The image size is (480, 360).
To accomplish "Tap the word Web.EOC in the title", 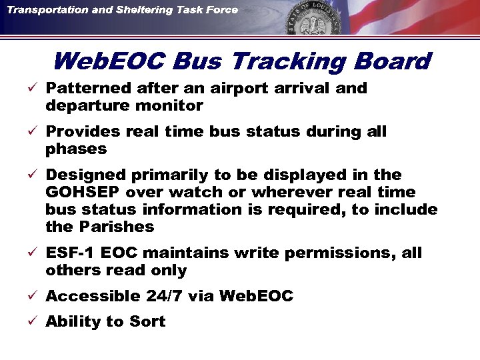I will tap(109, 62).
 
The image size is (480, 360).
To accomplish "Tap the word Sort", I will tap(148, 322).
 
